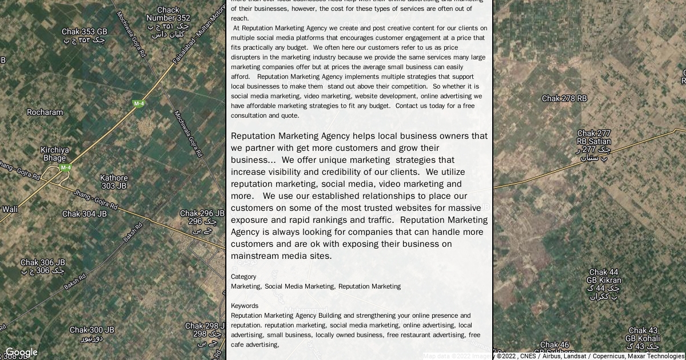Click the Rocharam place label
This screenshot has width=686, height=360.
coord(45,112)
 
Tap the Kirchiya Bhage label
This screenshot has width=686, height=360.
coord(54,154)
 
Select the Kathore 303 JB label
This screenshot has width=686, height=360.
coord(114,182)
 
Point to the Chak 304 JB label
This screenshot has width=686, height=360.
coord(84,214)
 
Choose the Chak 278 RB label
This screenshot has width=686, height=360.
coord(564,98)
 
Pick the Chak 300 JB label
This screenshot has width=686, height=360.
coord(91,330)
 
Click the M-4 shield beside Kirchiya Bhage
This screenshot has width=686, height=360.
coord(66,167)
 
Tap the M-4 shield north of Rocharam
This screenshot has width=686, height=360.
coord(138,103)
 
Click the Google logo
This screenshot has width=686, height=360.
coord(21,352)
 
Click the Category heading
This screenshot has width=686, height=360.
coord(244,277)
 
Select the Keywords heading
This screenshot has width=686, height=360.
coord(245,306)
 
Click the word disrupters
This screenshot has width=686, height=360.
coord(247,57)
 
